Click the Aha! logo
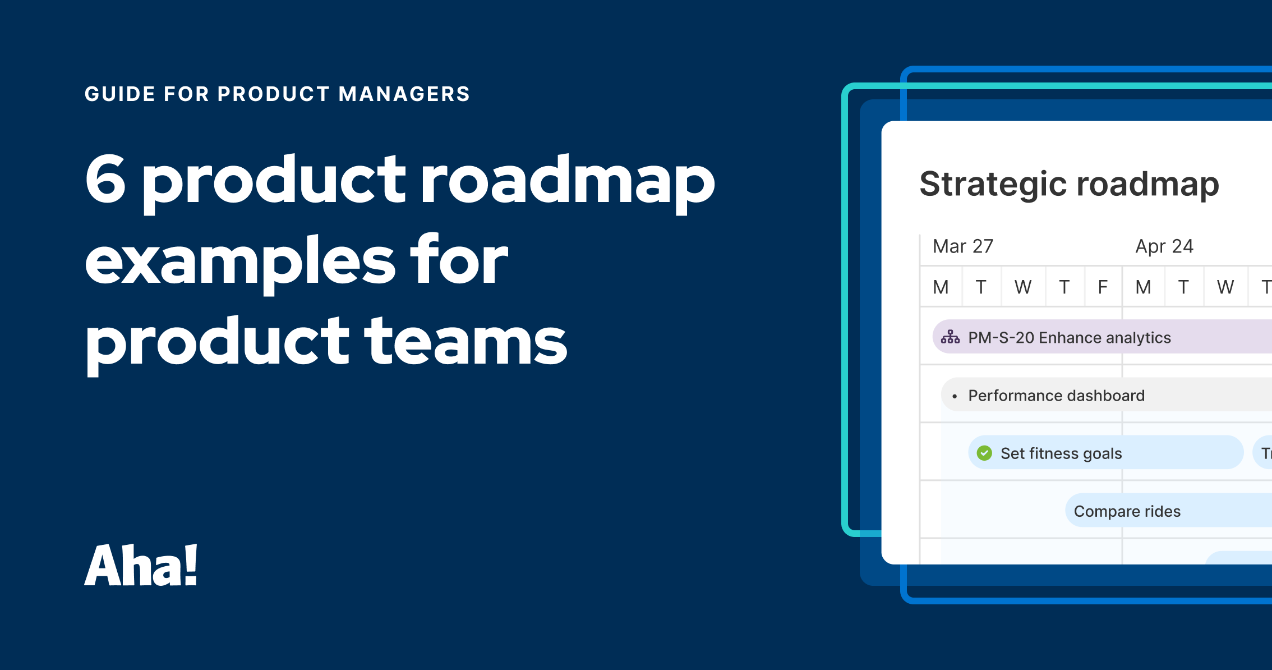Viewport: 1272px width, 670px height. (x=141, y=566)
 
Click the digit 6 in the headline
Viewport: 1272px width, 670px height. (x=105, y=180)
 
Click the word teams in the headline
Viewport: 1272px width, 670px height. (x=466, y=341)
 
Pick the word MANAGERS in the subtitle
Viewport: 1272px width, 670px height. (x=404, y=94)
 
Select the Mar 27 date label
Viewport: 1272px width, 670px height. (x=962, y=246)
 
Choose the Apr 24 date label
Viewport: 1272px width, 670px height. (x=1164, y=246)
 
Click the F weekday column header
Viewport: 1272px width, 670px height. (x=1103, y=287)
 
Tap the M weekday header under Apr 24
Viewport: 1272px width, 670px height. (x=1143, y=287)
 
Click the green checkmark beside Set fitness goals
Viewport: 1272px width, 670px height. (x=984, y=453)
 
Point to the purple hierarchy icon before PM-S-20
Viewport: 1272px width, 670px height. (x=950, y=337)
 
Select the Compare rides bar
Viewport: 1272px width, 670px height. (x=1127, y=511)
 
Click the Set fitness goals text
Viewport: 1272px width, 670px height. (x=1061, y=453)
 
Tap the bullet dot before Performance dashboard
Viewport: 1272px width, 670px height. (x=955, y=397)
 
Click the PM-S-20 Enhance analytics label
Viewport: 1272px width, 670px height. (x=1070, y=338)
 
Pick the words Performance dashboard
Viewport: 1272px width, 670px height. (x=1056, y=396)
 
